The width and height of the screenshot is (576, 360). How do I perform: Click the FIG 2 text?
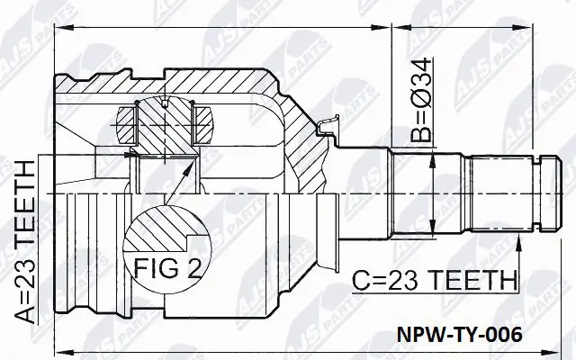169,267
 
